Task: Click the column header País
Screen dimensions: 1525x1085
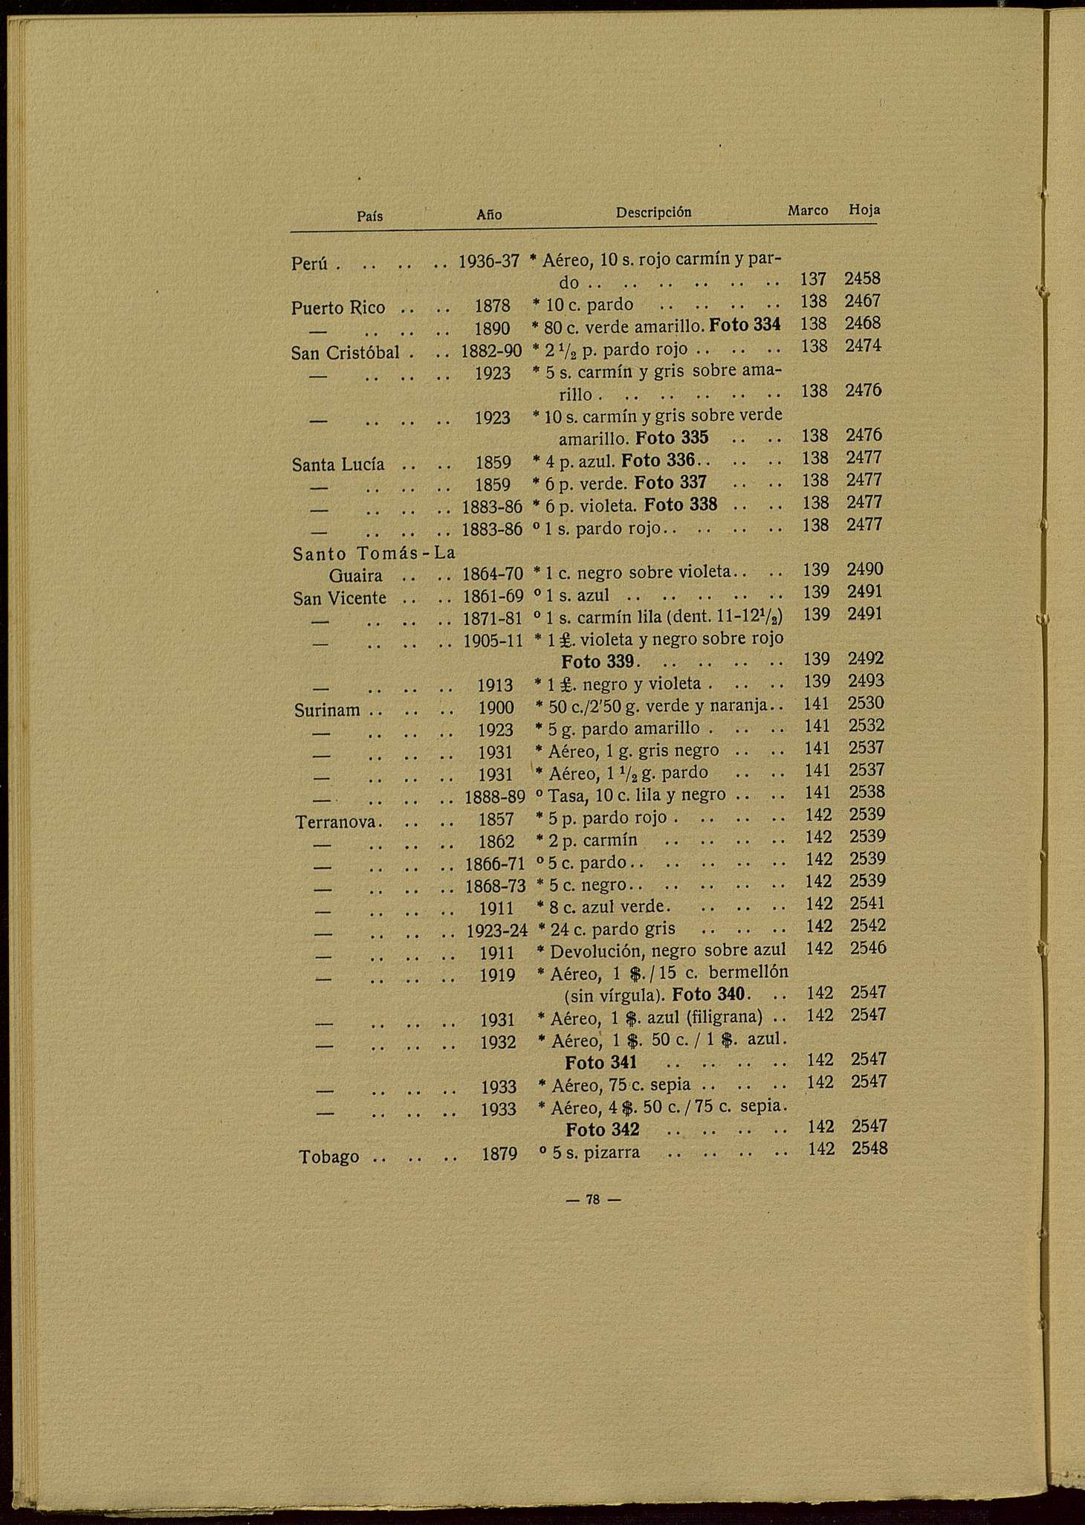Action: click(369, 216)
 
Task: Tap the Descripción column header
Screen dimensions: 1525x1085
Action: click(653, 213)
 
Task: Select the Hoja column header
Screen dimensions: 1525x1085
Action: click(864, 210)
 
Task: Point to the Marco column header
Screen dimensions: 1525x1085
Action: click(808, 211)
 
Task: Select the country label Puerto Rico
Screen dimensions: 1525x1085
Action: click(338, 308)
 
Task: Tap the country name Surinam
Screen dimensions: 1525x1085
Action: click(327, 710)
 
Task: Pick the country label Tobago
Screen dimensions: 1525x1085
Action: click(328, 1157)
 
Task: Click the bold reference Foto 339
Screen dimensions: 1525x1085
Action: click(597, 661)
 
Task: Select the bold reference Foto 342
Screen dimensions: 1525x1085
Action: click(602, 1130)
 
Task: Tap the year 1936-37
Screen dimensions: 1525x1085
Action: click(488, 262)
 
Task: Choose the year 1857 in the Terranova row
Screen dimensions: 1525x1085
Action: click(496, 820)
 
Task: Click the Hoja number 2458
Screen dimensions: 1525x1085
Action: click(862, 279)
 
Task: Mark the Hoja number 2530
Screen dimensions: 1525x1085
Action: click(866, 703)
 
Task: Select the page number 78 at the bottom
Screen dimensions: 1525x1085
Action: click(592, 1199)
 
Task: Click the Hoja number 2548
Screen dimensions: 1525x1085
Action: click(869, 1149)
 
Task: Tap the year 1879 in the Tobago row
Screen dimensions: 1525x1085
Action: click(499, 1154)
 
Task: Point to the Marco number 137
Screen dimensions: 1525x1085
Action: click(813, 279)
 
